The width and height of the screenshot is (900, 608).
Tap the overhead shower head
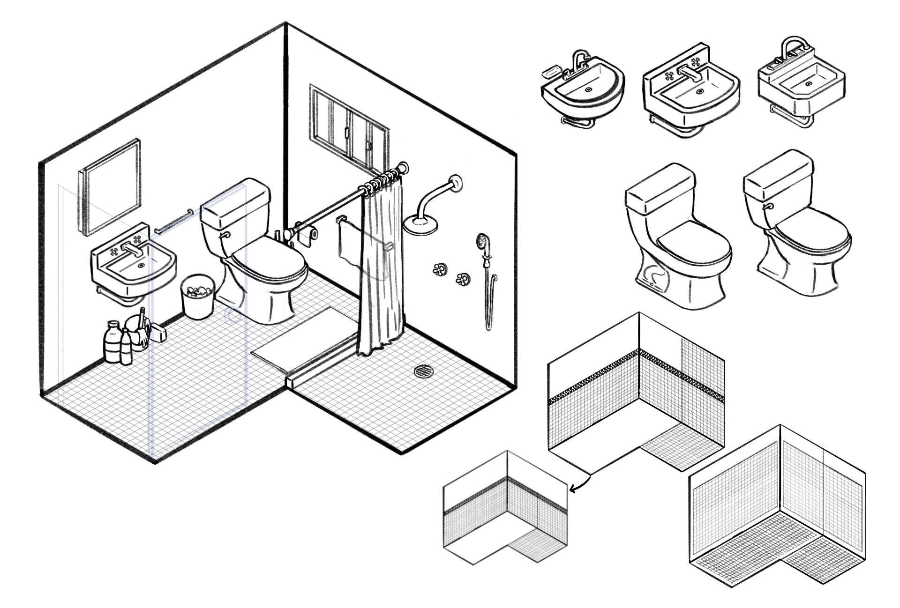coord(421,224)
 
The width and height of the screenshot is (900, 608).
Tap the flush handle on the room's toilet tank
coord(225,234)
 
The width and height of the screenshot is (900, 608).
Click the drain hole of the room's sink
coord(142,265)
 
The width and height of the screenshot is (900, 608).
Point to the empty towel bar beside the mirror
coord(174,221)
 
